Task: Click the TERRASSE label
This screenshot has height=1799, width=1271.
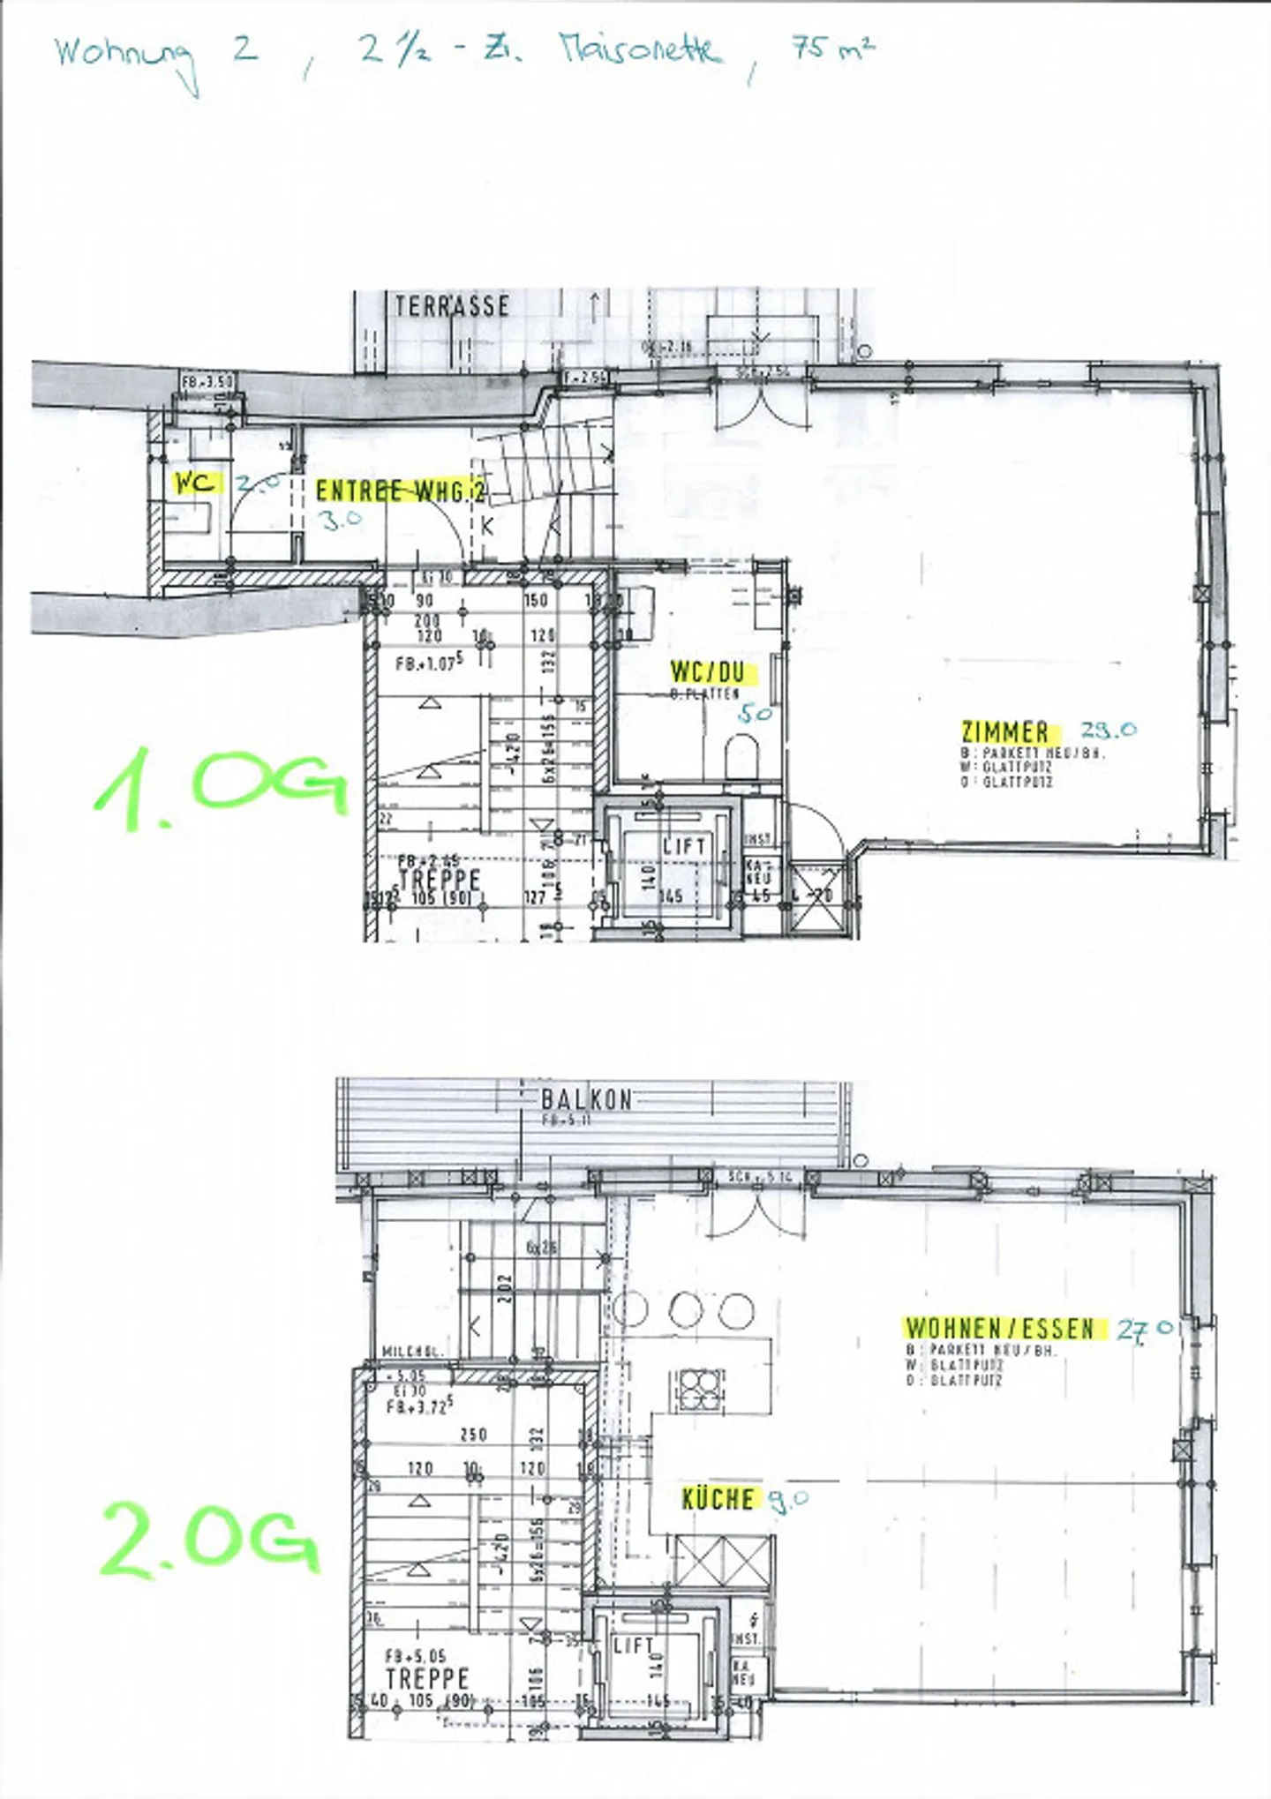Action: pos(452,306)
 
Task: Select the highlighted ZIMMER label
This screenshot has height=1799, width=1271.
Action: pos(1004,731)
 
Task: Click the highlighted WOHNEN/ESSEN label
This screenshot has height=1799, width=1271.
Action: pos(999,1328)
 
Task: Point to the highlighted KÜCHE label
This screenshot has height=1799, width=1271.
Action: pos(718,1498)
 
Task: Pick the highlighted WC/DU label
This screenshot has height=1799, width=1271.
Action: pos(707,672)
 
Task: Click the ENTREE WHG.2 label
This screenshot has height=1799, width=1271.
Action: pos(401,491)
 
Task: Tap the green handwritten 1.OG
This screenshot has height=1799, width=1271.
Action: pos(221,787)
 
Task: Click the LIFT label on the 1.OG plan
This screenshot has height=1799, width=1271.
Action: pos(684,846)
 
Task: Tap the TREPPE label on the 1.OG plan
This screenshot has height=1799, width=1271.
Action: pos(439,880)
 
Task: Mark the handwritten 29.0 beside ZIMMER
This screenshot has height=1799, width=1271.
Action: pos(1109,730)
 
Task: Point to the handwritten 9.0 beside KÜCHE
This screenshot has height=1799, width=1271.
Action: pos(787,1498)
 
